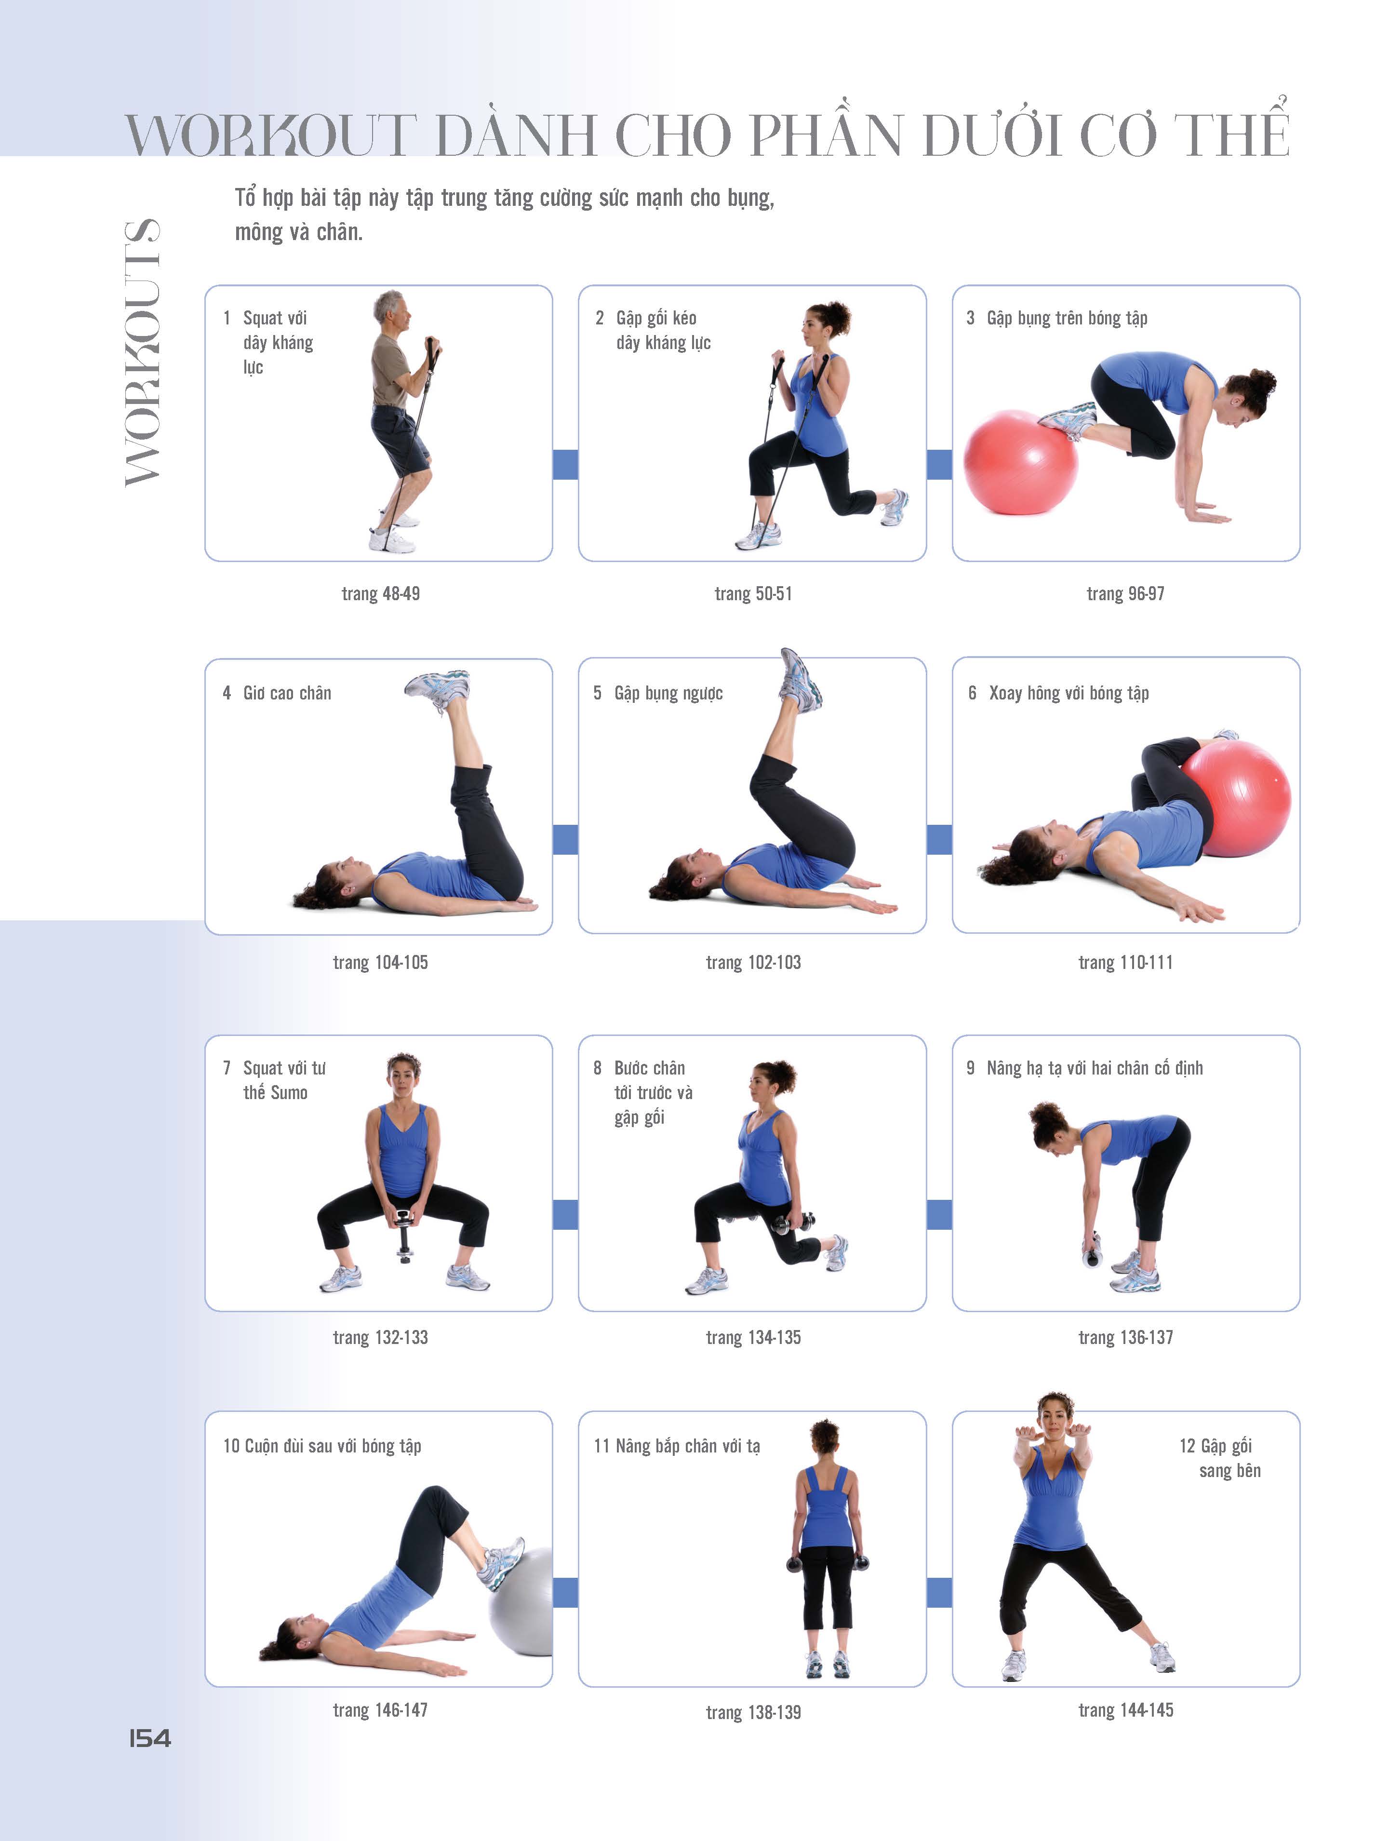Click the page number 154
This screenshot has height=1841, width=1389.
coord(150,1738)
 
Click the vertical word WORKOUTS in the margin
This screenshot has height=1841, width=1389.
coord(142,352)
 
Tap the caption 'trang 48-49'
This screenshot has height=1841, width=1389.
coord(380,593)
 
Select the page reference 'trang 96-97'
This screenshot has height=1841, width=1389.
coord(1125,593)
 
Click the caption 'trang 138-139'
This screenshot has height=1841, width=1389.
coord(753,1712)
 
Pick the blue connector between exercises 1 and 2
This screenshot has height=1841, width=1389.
coord(565,464)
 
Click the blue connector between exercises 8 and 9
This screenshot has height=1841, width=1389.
coord(939,1214)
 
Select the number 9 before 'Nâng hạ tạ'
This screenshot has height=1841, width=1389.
coord(970,1068)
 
